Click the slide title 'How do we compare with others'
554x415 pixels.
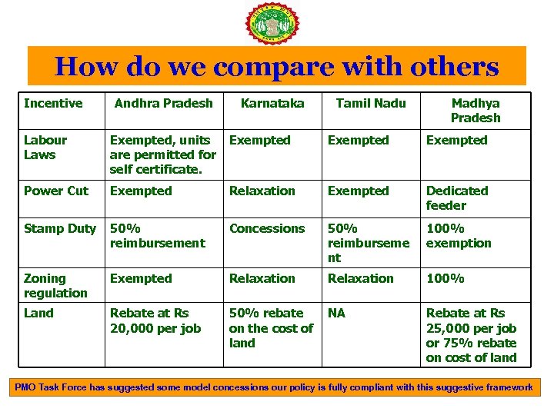click(x=277, y=67)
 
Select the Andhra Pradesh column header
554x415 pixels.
click(x=164, y=103)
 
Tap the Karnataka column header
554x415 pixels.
click(x=272, y=103)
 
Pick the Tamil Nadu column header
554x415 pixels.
click(x=371, y=103)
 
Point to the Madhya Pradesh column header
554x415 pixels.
click(x=476, y=111)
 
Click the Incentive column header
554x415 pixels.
click(x=53, y=103)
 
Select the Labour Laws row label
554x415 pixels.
click(x=45, y=148)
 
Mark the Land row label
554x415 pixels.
click(x=38, y=313)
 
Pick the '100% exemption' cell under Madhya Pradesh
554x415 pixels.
click(x=459, y=236)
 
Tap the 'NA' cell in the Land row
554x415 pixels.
click(x=337, y=313)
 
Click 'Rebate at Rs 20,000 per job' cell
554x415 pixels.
click(x=155, y=320)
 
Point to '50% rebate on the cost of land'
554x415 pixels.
click(x=271, y=328)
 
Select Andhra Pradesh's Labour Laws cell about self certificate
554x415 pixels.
click(x=163, y=154)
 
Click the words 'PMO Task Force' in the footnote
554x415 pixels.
click(x=51, y=387)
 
